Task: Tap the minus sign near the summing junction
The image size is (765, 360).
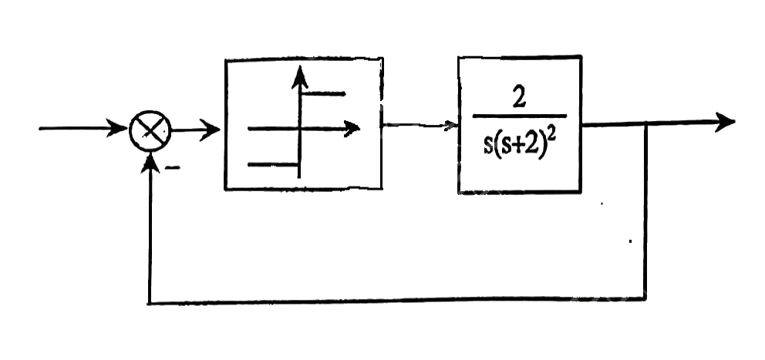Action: [x=172, y=168]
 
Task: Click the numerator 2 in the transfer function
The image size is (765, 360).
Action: [x=519, y=99]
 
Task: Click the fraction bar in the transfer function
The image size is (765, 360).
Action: [x=520, y=116]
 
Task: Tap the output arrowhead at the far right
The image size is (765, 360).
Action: [x=725, y=122]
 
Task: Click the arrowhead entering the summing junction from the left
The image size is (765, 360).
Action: [x=117, y=129]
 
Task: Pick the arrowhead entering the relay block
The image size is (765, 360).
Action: [x=210, y=130]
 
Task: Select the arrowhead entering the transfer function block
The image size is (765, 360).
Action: [x=450, y=126]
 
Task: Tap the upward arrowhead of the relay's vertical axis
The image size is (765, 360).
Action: [x=299, y=77]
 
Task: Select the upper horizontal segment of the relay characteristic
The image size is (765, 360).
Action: [x=323, y=93]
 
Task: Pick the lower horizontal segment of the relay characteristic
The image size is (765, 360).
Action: [x=273, y=165]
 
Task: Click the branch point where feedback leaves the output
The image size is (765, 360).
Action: [x=646, y=124]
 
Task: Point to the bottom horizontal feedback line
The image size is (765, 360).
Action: [x=397, y=301]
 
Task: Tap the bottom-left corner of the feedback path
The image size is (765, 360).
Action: [x=150, y=303]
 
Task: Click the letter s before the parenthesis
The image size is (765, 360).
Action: [x=488, y=146]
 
